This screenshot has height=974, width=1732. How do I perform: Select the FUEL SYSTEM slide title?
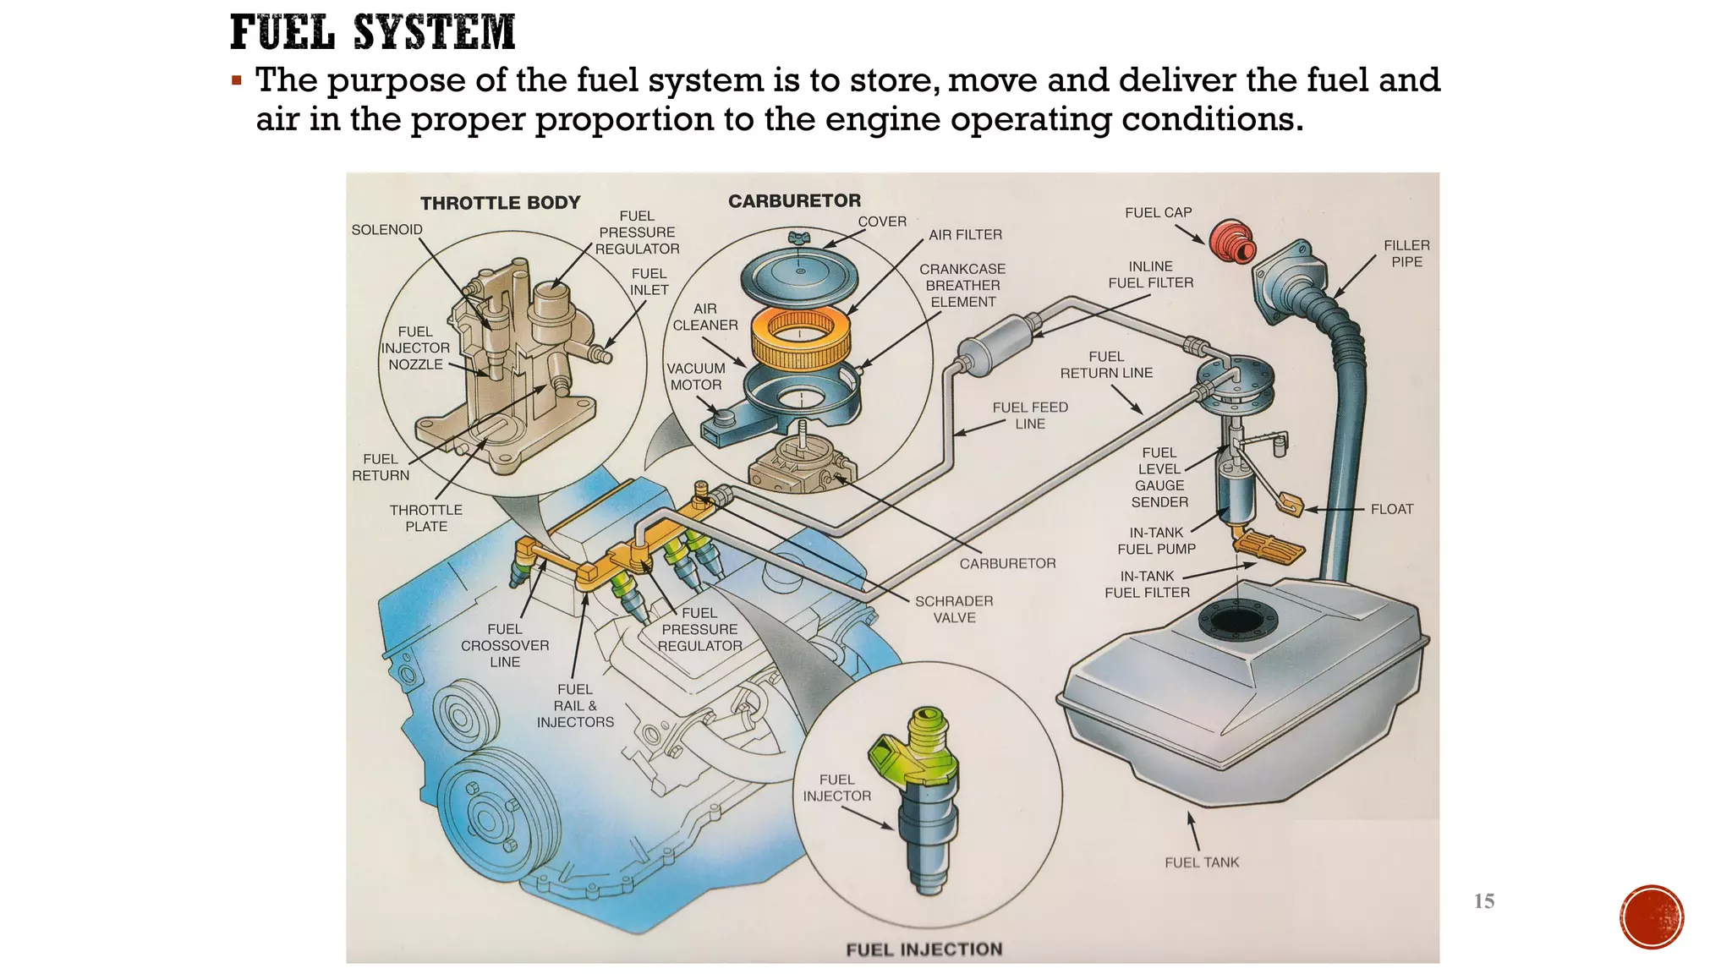[372, 33]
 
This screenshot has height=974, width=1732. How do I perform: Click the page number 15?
[1483, 901]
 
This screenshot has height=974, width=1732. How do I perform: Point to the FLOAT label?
[1391, 509]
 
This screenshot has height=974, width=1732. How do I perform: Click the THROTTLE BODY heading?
[500, 203]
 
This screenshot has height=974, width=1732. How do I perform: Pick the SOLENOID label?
[386, 230]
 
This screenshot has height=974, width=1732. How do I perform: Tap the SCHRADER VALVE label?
[954, 609]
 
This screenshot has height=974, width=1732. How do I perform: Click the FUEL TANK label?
[1201, 862]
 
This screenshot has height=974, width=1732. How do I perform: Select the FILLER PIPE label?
[1406, 254]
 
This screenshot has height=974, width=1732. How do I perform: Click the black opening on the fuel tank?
[1236, 620]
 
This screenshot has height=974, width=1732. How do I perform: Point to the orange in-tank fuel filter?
[1269, 547]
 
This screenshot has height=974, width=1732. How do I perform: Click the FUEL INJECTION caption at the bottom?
[924, 949]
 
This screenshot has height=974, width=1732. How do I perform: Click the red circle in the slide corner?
[1651, 917]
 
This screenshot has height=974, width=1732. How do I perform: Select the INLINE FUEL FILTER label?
[1150, 275]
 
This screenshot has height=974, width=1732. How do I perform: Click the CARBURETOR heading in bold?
[794, 201]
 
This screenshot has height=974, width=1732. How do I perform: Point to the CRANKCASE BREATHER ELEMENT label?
[962, 286]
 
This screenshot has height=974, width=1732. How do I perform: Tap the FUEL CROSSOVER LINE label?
[505, 645]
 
